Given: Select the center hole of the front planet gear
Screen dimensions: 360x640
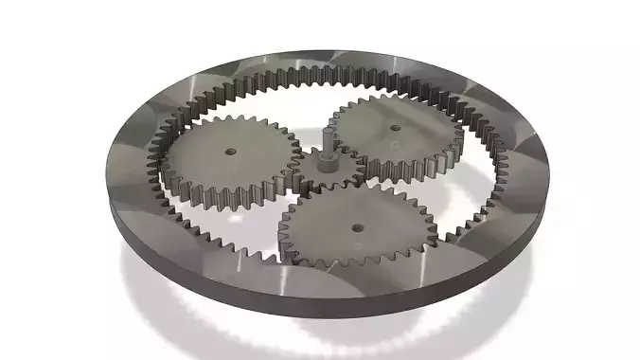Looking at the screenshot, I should (x=358, y=226).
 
